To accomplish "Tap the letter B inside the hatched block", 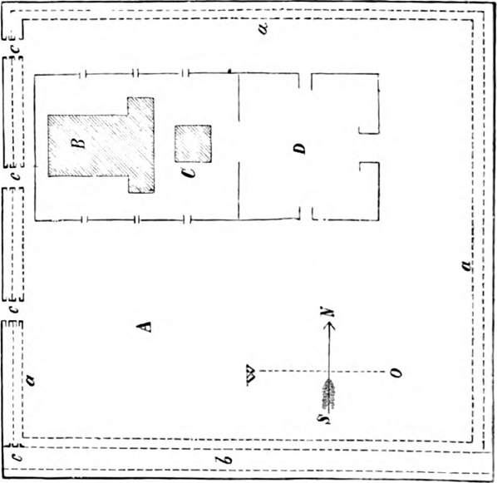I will [x=80, y=143].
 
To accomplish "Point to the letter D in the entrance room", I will [x=300, y=149].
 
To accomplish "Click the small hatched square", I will [x=192, y=143].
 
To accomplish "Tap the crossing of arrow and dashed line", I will [x=329, y=372].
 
